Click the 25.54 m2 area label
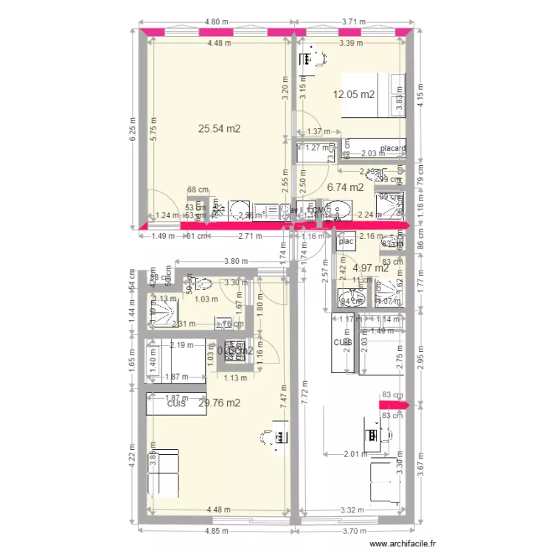(x=220, y=128)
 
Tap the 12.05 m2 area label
(x=354, y=94)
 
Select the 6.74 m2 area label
(x=345, y=187)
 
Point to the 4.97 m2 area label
(x=371, y=268)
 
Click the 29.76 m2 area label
(x=220, y=403)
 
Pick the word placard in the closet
(x=393, y=148)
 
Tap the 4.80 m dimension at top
(x=217, y=23)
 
